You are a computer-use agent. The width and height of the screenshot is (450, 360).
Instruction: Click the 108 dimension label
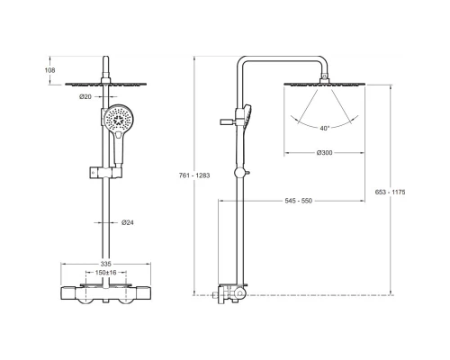49,70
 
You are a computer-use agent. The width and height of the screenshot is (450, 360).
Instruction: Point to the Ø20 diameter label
85,96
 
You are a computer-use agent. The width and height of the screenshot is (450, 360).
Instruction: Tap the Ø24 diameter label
128,222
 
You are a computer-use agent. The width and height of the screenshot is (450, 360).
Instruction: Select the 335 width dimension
105,264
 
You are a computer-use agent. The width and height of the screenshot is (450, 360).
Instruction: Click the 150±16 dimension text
105,273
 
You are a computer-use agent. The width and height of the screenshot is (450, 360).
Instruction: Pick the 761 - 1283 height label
194,175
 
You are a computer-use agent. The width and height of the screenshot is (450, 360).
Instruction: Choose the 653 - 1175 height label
390,192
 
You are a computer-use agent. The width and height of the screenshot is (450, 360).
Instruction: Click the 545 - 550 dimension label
299,201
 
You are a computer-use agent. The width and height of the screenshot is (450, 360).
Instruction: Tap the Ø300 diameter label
325,153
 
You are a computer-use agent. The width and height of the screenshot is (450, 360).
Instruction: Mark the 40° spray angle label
324,129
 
